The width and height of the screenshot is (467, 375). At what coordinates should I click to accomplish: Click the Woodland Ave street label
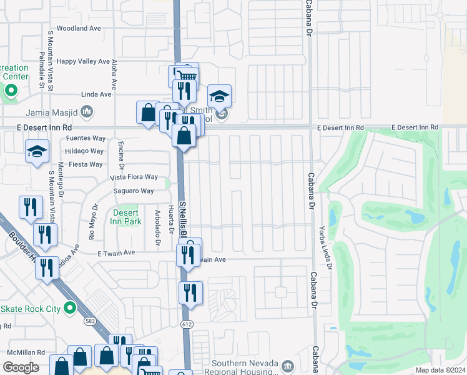click(x=78, y=28)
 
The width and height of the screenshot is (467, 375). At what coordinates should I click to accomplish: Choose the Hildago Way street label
click(x=84, y=151)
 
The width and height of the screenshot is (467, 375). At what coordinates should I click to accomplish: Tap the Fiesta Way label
click(x=86, y=164)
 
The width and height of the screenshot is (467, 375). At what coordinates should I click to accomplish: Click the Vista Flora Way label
click(x=134, y=177)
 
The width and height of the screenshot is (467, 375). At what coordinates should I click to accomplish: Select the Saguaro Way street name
click(x=134, y=191)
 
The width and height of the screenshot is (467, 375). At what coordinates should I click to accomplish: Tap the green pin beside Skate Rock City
click(x=69, y=309)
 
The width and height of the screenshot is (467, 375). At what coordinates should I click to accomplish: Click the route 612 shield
click(x=187, y=324)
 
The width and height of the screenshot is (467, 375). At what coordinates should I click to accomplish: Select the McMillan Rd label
click(x=22, y=352)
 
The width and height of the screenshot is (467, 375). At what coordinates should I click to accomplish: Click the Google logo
click(x=21, y=367)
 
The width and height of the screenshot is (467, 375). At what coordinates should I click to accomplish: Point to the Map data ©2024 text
click(x=440, y=370)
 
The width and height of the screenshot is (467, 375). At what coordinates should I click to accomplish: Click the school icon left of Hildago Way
click(x=37, y=151)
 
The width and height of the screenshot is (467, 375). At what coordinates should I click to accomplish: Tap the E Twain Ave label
click(x=116, y=253)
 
